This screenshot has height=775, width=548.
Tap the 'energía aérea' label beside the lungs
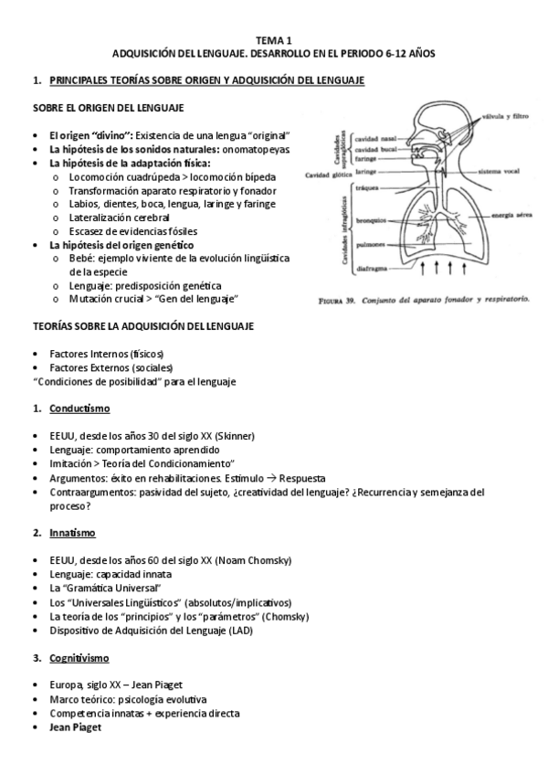pos(512,216)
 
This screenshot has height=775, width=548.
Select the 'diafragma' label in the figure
pos(364,269)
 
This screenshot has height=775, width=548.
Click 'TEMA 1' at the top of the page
pos(273,41)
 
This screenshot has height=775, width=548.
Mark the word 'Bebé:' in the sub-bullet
pos(82,259)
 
